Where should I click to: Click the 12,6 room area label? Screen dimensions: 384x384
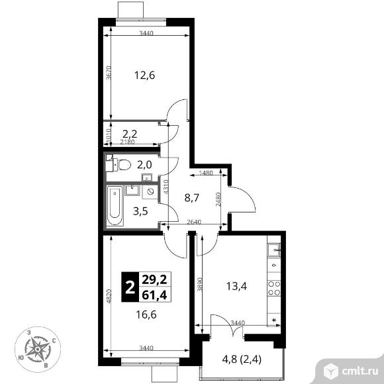[x=145, y=75]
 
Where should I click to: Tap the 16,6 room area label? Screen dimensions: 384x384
[x=146, y=314]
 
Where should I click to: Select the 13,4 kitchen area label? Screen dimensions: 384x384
[x=236, y=286]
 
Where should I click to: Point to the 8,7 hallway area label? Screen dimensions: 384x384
[x=192, y=198]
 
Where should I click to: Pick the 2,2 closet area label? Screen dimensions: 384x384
[x=130, y=134]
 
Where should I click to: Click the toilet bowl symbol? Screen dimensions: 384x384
[x=124, y=165]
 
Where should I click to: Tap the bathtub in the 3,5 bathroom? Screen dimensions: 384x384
[x=115, y=205]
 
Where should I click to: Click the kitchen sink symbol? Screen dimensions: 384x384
[x=274, y=250]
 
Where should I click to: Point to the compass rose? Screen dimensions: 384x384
[x=38, y=349]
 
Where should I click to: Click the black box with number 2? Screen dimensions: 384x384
[x=130, y=287]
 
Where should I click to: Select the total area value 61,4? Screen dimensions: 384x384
[x=154, y=295]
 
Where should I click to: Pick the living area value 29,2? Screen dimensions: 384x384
[x=154, y=279]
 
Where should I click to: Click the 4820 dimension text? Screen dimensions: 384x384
[x=109, y=297]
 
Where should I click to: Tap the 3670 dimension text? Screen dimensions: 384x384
[x=109, y=73]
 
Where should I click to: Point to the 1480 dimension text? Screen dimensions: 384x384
[x=206, y=173]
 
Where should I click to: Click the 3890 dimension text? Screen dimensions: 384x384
[x=199, y=284]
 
